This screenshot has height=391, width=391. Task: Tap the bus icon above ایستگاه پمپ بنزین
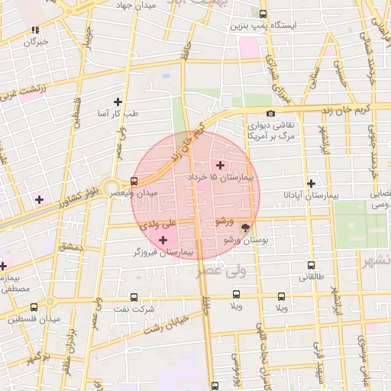(x=263, y=14)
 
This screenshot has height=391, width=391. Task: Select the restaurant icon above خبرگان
(x=35, y=31)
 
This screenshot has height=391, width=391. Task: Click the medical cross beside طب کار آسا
(x=118, y=102)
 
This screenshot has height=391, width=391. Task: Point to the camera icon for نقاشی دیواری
(x=271, y=114)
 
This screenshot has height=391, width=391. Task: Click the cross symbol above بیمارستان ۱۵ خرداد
(x=221, y=165)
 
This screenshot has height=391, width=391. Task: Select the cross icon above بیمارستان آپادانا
(x=310, y=183)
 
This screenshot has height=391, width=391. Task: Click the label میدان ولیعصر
(x=154, y=194)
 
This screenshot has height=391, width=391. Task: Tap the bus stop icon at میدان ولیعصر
(x=134, y=182)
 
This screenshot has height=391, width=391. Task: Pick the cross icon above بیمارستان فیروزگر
(x=163, y=241)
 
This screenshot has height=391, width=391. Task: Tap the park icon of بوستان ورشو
(x=245, y=227)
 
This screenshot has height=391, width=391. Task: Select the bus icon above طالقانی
(x=312, y=265)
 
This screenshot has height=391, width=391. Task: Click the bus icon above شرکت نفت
(x=134, y=297)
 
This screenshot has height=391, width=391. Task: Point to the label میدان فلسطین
(x=26, y=318)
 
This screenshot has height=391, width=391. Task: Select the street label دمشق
(x=69, y=246)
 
